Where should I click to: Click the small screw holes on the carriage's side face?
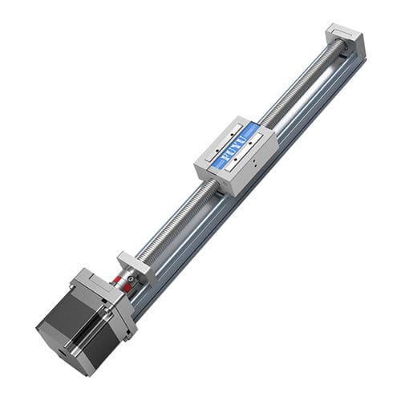click(253, 162)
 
